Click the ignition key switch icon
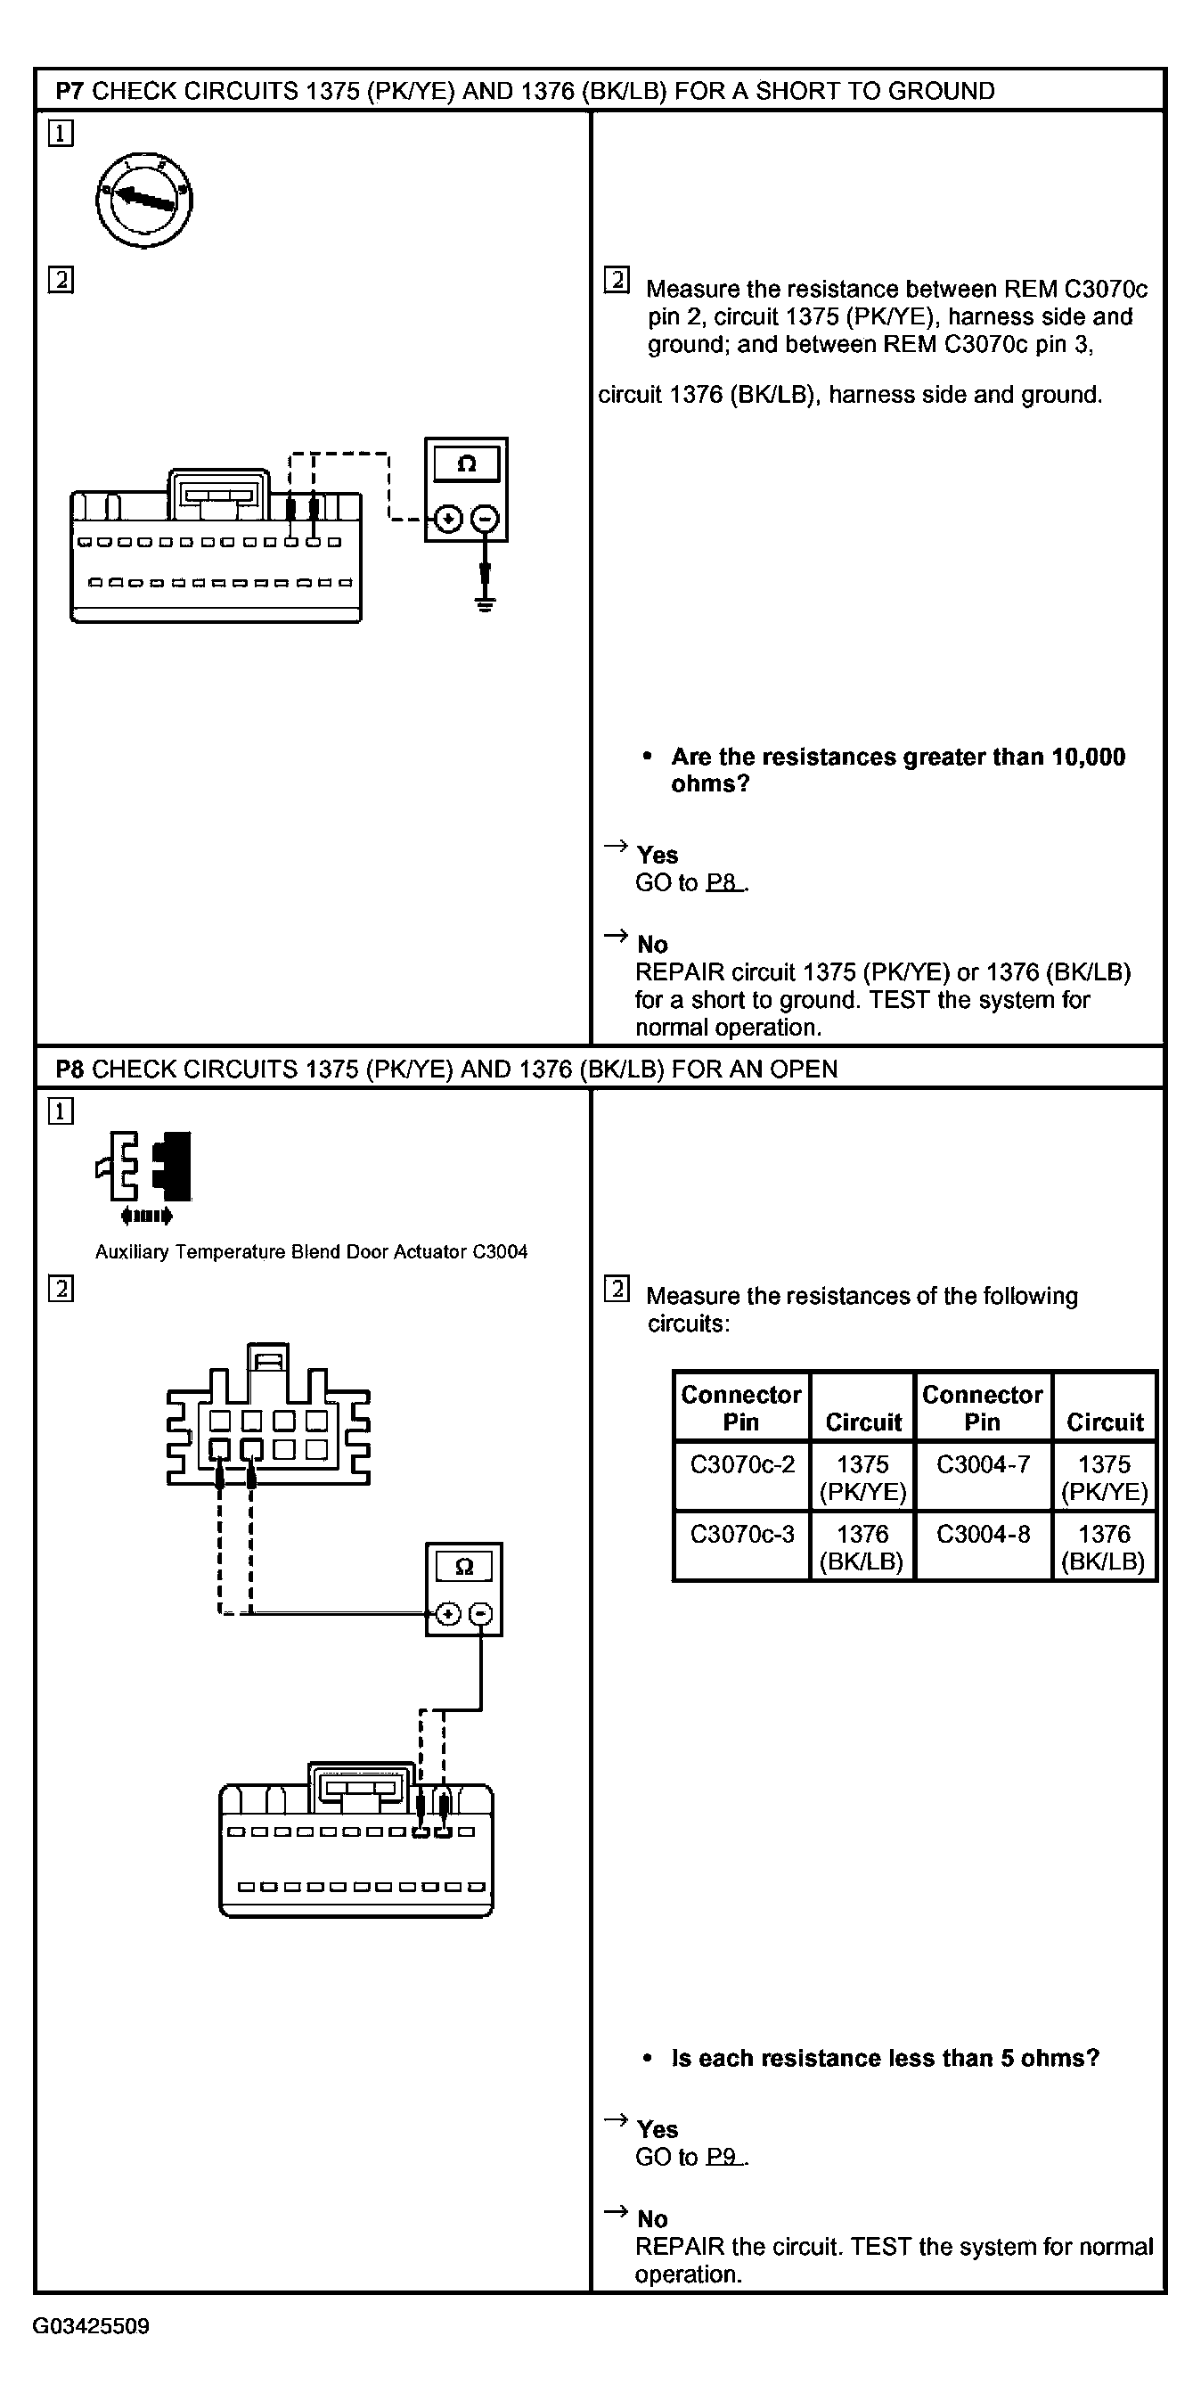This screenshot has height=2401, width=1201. pos(143,199)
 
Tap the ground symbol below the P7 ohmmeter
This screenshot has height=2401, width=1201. pos(485,602)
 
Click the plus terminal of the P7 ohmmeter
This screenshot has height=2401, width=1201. pos(448,520)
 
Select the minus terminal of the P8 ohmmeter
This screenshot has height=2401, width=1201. pos(481,1613)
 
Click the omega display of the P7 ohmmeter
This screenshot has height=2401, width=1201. pos(466,464)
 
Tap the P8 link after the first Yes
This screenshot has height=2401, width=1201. pos(724,881)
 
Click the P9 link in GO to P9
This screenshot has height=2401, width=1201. pos(724,2157)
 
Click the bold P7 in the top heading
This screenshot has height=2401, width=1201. pos(69,90)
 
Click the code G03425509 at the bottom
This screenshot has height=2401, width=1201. pos(90,2326)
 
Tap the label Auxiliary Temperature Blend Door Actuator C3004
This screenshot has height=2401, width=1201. pos(311,1252)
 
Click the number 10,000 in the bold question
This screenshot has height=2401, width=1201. pos(1087,757)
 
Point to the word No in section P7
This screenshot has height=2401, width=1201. pos(652,944)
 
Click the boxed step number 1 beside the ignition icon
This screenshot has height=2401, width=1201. pos(61,134)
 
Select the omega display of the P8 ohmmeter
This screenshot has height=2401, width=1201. pos(463,1566)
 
